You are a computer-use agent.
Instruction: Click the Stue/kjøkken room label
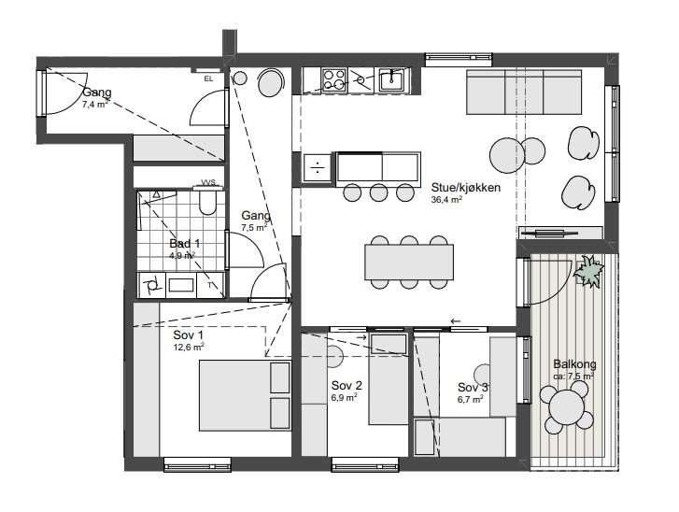click(465, 188)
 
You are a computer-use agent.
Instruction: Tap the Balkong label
click(574, 363)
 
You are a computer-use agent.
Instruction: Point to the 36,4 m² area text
click(446, 200)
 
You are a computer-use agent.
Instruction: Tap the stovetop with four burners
click(334, 80)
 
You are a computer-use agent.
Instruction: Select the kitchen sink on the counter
click(392, 80)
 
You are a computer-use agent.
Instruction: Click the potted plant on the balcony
click(588, 272)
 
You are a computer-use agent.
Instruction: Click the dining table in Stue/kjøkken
click(409, 263)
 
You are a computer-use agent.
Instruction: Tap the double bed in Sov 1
click(245, 395)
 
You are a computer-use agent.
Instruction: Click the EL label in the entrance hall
click(208, 78)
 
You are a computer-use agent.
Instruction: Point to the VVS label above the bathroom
click(208, 182)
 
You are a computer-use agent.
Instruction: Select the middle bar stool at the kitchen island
click(378, 192)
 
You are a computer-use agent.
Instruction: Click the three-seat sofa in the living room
click(524, 92)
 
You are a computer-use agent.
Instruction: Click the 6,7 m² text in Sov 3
click(471, 399)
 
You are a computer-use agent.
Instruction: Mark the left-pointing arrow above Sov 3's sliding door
click(455, 321)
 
